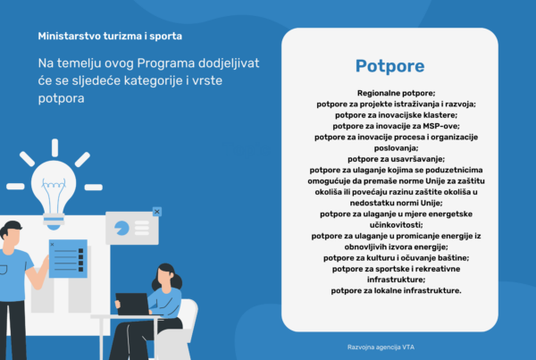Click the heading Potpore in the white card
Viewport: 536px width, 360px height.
(389, 66)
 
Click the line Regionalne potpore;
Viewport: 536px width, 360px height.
(389, 93)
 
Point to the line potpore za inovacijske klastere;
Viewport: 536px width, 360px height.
(389, 115)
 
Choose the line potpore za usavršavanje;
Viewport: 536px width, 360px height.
(389, 159)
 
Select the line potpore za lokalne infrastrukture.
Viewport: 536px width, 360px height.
(389, 290)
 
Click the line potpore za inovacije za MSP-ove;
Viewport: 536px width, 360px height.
(389, 126)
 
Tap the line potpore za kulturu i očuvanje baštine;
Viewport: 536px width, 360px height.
(389, 257)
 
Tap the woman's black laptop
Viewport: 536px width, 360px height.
(133, 304)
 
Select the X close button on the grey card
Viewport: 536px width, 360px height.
(157, 212)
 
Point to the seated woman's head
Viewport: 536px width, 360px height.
(166, 274)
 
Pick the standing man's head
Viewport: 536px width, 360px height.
(9, 234)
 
